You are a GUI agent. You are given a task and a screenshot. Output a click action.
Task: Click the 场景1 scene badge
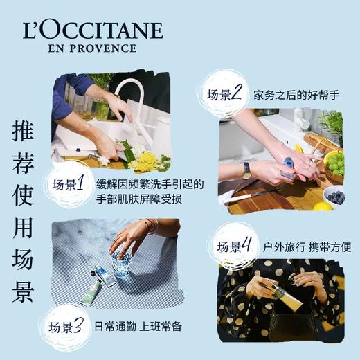pos(69,185)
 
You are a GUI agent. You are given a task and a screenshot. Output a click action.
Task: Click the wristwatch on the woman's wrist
pos(246,170)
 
